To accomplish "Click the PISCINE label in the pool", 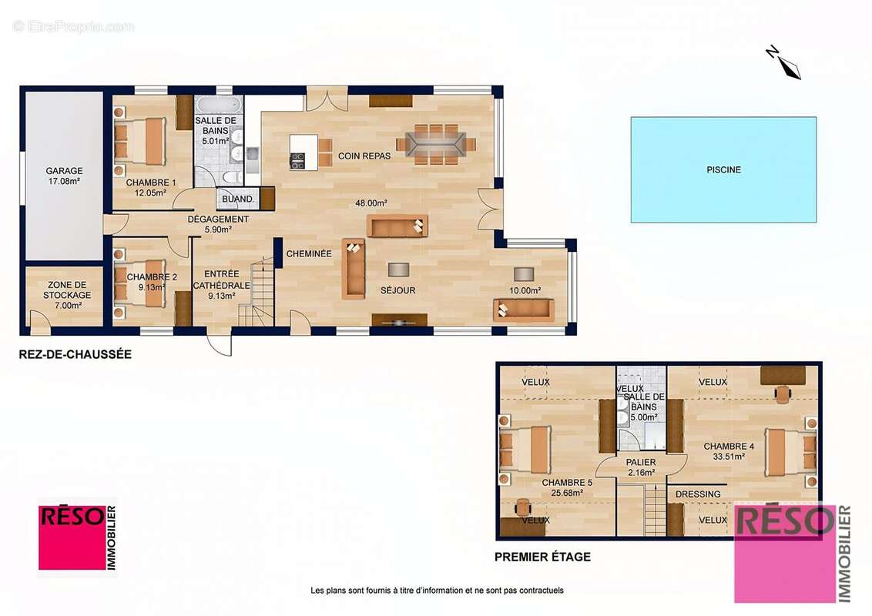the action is point(723,169).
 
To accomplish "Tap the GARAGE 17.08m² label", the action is point(64,176).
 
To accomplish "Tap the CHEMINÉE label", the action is point(309,253).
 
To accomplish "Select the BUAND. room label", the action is point(237,199).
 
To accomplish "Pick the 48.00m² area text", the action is point(371,203).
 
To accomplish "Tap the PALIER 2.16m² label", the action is point(641,467).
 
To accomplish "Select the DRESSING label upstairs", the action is point(698,494).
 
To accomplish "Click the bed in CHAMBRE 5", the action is point(525,450).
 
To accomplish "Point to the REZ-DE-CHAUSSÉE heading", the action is point(75,354).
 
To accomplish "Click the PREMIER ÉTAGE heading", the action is point(542,557).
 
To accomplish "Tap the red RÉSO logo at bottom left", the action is point(77,537).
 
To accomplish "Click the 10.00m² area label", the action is point(525,290).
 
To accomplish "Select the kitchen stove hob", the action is point(297,161).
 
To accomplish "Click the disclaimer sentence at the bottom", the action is point(437,591).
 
